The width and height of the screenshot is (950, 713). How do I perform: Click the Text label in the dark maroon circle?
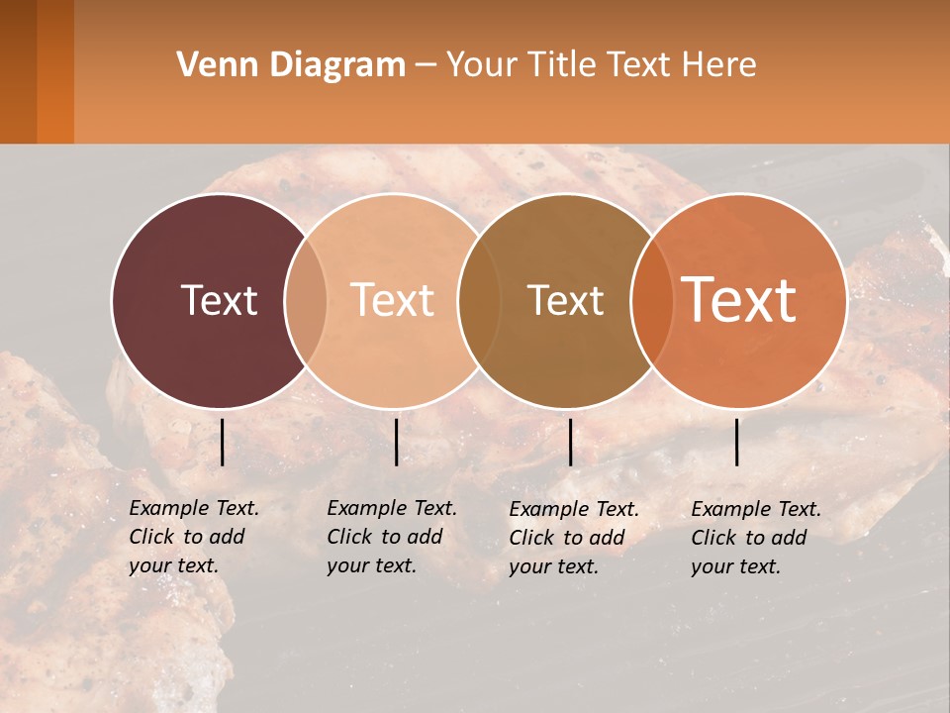tap(219, 300)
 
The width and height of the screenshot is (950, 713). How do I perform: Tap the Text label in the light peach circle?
tap(393, 300)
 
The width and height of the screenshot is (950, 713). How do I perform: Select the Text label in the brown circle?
tap(565, 300)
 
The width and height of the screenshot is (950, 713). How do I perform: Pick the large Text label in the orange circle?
tap(739, 300)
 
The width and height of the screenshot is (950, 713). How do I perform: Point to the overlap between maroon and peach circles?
tap(306, 301)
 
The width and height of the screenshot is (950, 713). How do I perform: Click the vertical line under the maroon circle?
tap(223, 442)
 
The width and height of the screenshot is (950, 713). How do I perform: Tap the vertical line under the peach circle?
tap(396, 442)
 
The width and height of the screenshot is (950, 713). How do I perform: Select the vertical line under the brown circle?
tap(571, 442)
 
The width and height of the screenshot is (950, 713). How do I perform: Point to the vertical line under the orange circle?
tap(737, 442)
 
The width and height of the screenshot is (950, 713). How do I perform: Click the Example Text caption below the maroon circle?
tap(194, 537)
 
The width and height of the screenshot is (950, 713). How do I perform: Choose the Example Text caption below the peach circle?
tap(392, 537)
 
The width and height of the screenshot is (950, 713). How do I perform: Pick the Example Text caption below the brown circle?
tap(574, 538)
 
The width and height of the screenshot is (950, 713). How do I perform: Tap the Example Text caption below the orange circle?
tap(756, 538)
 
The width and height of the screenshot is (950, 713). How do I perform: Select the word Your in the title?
tap(482, 65)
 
